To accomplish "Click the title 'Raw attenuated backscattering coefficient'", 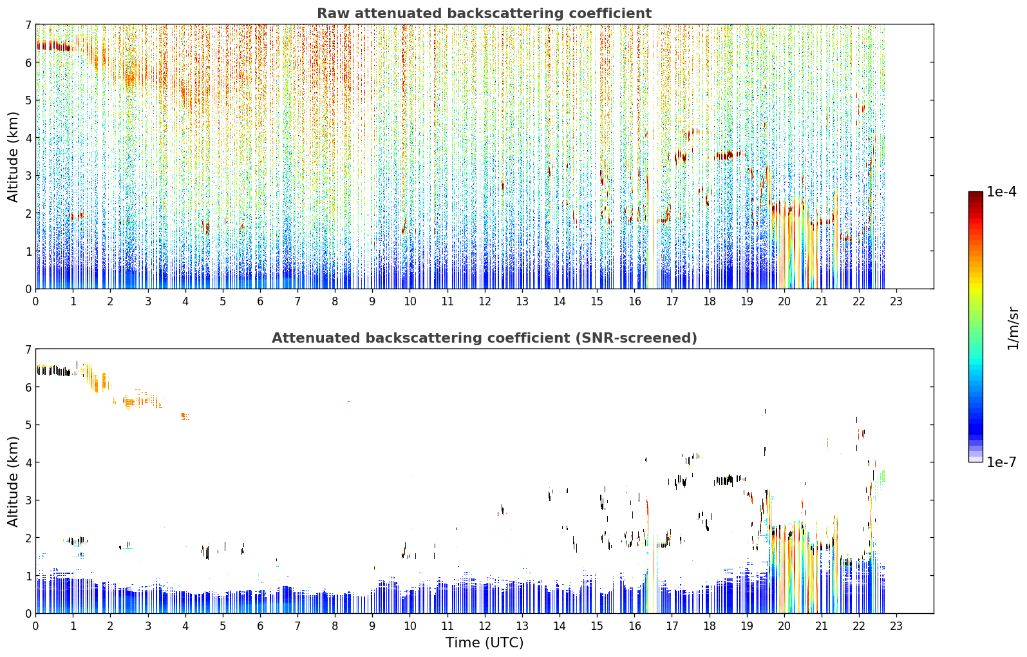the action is click(x=484, y=14).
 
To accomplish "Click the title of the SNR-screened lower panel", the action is click(x=484, y=338).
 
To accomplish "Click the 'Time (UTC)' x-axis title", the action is click(x=484, y=643).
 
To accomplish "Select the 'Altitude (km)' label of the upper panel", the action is click(x=13, y=157).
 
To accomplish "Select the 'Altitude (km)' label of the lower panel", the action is click(x=13, y=481).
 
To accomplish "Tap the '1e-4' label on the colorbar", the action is click(x=1001, y=192).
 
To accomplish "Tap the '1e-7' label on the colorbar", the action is click(x=1001, y=462).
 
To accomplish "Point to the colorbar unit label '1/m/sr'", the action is click(x=1013, y=328).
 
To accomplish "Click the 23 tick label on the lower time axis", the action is click(x=896, y=626).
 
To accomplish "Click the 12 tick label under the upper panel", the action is click(x=485, y=301).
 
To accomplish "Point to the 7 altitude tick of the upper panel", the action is click(x=28, y=24).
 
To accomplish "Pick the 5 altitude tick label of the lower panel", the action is click(x=28, y=425).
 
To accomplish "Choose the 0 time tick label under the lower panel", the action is click(x=36, y=626).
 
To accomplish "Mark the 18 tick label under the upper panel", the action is click(x=710, y=301).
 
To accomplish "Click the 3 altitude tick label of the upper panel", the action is click(x=28, y=176).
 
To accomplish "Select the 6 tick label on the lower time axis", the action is click(x=260, y=626).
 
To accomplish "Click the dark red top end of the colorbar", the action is click(x=975, y=193).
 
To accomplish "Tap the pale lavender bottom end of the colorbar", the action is click(x=975, y=460).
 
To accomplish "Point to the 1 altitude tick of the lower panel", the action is click(x=28, y=576).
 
